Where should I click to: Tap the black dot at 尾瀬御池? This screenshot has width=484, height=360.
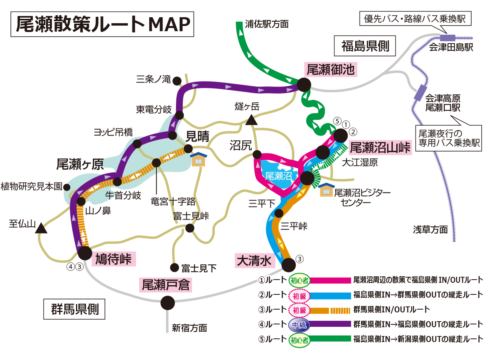tap(304, 84)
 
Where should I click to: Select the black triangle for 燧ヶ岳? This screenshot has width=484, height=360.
tap(252, 120)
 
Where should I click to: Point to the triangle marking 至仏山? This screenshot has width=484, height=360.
tap(41, 229)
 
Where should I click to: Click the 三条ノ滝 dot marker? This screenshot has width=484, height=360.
tap(177, 81)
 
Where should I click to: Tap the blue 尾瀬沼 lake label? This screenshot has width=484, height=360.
tap(277, 175)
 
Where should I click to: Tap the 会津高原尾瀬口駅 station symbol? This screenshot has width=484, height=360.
tap(420, 93)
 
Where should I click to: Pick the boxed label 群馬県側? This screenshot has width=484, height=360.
tap(74, 309)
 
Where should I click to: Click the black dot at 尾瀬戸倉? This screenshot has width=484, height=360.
tap(168, 303)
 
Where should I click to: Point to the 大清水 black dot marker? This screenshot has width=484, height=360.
tap(288, 264)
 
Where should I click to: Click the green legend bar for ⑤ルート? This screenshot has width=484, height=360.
tap(330, 339)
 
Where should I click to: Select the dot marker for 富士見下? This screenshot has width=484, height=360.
tap(174, 267)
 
